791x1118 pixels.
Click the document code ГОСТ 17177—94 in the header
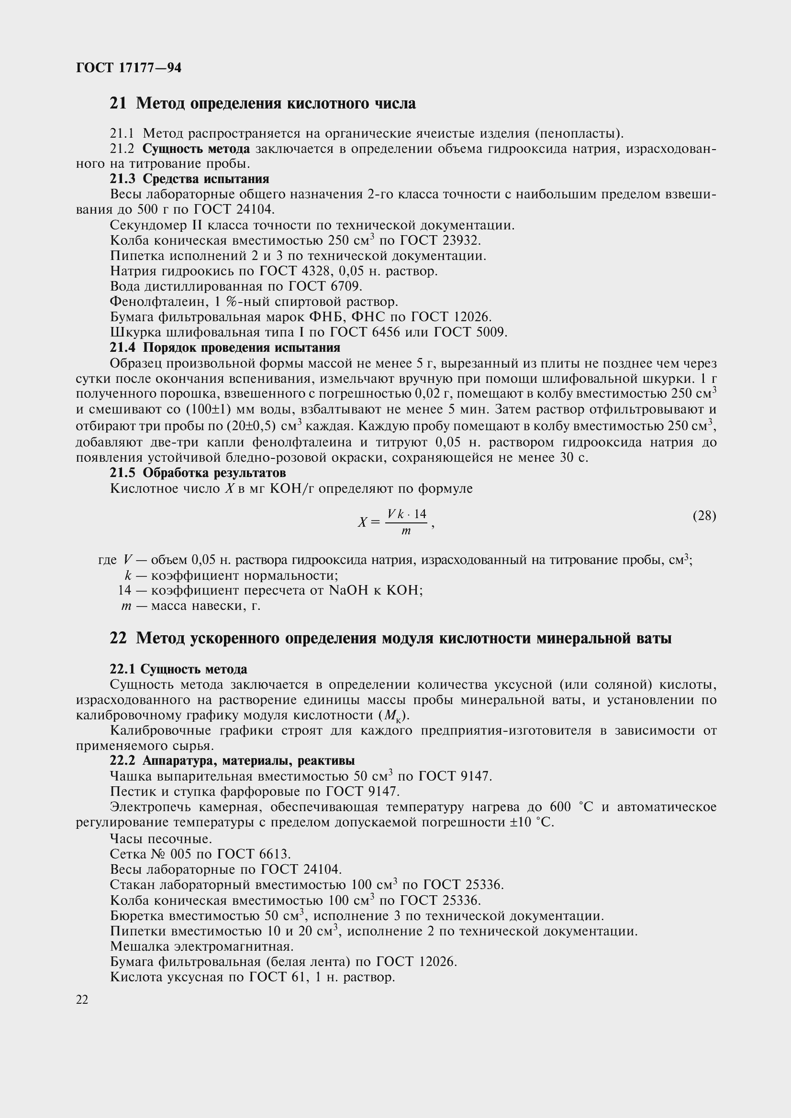pos(129,68)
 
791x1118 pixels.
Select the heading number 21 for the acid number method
pos(118,103)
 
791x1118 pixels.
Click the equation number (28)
pos(704,515)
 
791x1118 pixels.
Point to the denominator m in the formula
pos(406,531)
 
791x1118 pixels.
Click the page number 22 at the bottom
pos(82,999)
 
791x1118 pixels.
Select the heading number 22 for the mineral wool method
pos(118,638)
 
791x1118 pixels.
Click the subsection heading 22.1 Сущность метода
pos(178,669)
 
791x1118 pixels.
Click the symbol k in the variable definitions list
pos(128,575)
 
